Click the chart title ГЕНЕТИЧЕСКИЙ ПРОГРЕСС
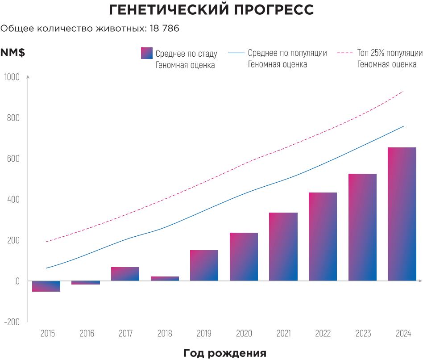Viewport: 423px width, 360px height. (x=211, y=10)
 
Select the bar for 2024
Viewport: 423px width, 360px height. (x=402, y=214)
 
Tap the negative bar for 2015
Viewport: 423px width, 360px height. (x=46, y=286)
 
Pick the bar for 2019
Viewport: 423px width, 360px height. (x=204, y=266)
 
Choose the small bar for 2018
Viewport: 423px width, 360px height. (x=165, y=279)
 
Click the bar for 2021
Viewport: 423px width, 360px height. (x=283, y=247)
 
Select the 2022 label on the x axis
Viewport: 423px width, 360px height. (x=323, y=334)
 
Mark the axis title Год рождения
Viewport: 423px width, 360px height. (x=225, y=353)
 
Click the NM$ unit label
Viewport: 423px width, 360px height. (x=12, y=53)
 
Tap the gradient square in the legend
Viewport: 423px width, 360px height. (x=146, y=53)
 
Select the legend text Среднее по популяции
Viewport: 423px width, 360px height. (x=287, y=53)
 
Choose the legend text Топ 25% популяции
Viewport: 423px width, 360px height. (x=390, y=53)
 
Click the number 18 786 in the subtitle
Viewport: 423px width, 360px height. (x=161, y=29)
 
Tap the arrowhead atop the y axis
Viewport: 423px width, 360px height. (x=28, y=77)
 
